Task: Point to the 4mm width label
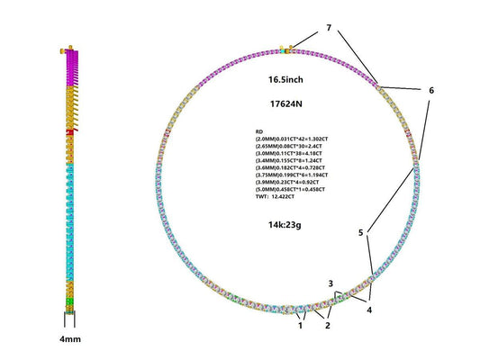68,341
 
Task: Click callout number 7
329,29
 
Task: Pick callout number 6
431,91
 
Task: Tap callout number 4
369,309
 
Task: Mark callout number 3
331,283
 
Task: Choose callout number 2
328,325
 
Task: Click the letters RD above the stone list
260,131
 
